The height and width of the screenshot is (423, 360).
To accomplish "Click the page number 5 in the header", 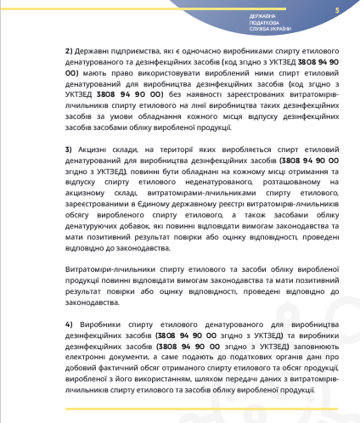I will (x=337, y=10).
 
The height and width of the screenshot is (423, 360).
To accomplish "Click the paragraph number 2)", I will (x=69, y=51).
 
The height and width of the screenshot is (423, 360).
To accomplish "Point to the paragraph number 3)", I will (x=69, y=149).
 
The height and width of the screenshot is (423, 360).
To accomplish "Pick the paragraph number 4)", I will (x=69, y=324).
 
